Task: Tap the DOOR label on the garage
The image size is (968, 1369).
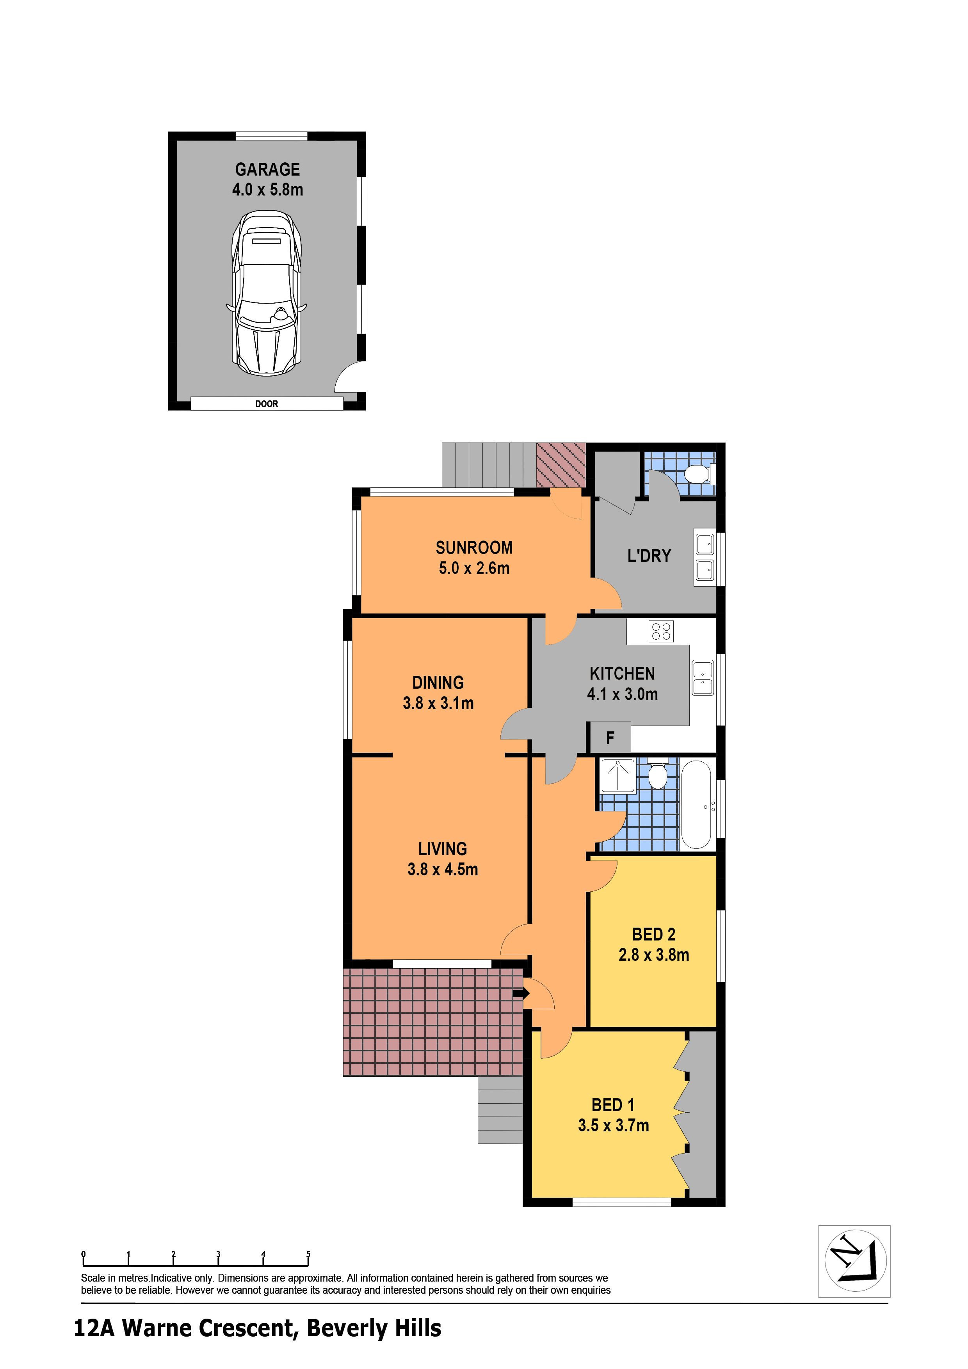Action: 267,404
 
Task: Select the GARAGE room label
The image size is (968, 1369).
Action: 267,169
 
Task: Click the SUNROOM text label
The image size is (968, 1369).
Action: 474,548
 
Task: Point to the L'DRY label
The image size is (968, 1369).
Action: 649,556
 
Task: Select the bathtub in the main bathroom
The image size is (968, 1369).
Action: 696,804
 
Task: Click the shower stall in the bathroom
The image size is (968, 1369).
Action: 617,776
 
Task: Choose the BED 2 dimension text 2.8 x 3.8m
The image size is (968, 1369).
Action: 654,955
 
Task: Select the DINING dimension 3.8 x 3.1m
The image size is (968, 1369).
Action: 438,703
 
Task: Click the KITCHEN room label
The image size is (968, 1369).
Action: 622,674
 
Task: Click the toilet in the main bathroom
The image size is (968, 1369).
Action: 657,775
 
